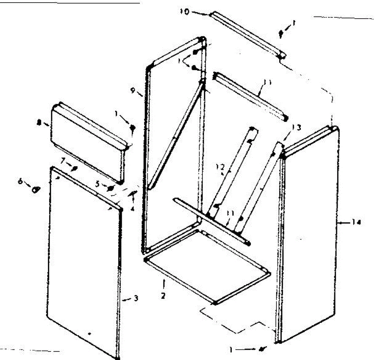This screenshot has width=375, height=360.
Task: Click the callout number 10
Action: point(185,12)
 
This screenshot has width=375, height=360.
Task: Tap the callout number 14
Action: point(357,222)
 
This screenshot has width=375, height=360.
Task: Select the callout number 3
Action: point(136,298)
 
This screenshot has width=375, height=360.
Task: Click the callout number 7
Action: point(63,161)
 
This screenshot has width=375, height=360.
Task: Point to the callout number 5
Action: point(98,184)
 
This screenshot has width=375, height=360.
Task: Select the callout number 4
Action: point(132,209)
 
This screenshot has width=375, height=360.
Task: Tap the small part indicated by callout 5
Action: point(110,188)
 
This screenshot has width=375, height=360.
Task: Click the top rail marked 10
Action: point(247,34)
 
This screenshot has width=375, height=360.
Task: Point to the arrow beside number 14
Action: point(344,223)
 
